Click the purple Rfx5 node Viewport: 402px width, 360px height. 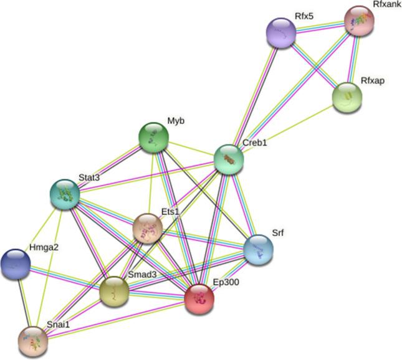(x=281, y=32)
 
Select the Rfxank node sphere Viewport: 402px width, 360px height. (x=359, y=21)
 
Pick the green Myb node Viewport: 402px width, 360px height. (x=153, y=137)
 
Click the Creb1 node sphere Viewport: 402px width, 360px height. (x=228, y=159)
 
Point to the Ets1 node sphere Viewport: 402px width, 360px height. (x=148, y=229)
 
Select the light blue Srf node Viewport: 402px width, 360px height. (x=258, y=250)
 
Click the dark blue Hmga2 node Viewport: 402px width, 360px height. (x=16, y=263)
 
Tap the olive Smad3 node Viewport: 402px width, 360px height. (x=115, y=291)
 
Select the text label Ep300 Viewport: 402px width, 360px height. (x=226, y=282)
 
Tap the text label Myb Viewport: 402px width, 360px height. (x=176, y=120)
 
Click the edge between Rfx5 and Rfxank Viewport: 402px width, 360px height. (x=320, y=27)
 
